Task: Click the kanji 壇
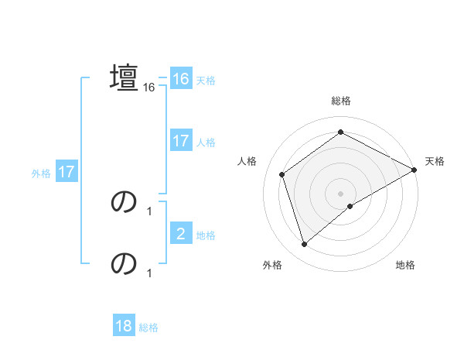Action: [124, 77]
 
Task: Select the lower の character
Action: [124, 264]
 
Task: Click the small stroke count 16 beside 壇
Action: [149, 88]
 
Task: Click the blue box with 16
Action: [180, 79]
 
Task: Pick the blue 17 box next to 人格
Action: [180, 141]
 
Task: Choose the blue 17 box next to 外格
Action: [67, 172]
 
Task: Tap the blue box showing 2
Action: [180, 234]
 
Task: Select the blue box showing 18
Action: [124, 326]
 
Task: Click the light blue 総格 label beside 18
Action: [148, 328]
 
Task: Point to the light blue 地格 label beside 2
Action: [206, 235]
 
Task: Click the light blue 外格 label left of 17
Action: [41, 173]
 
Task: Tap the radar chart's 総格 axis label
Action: [341, 101]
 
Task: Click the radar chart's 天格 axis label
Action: [435, 161]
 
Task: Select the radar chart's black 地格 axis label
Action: [405, 266]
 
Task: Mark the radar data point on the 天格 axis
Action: [415, 170]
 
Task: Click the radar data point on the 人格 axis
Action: [282, 174]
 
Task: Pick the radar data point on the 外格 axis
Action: [304, 245]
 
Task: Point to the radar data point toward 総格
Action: [341, 132]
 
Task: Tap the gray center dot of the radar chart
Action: [341, 193]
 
